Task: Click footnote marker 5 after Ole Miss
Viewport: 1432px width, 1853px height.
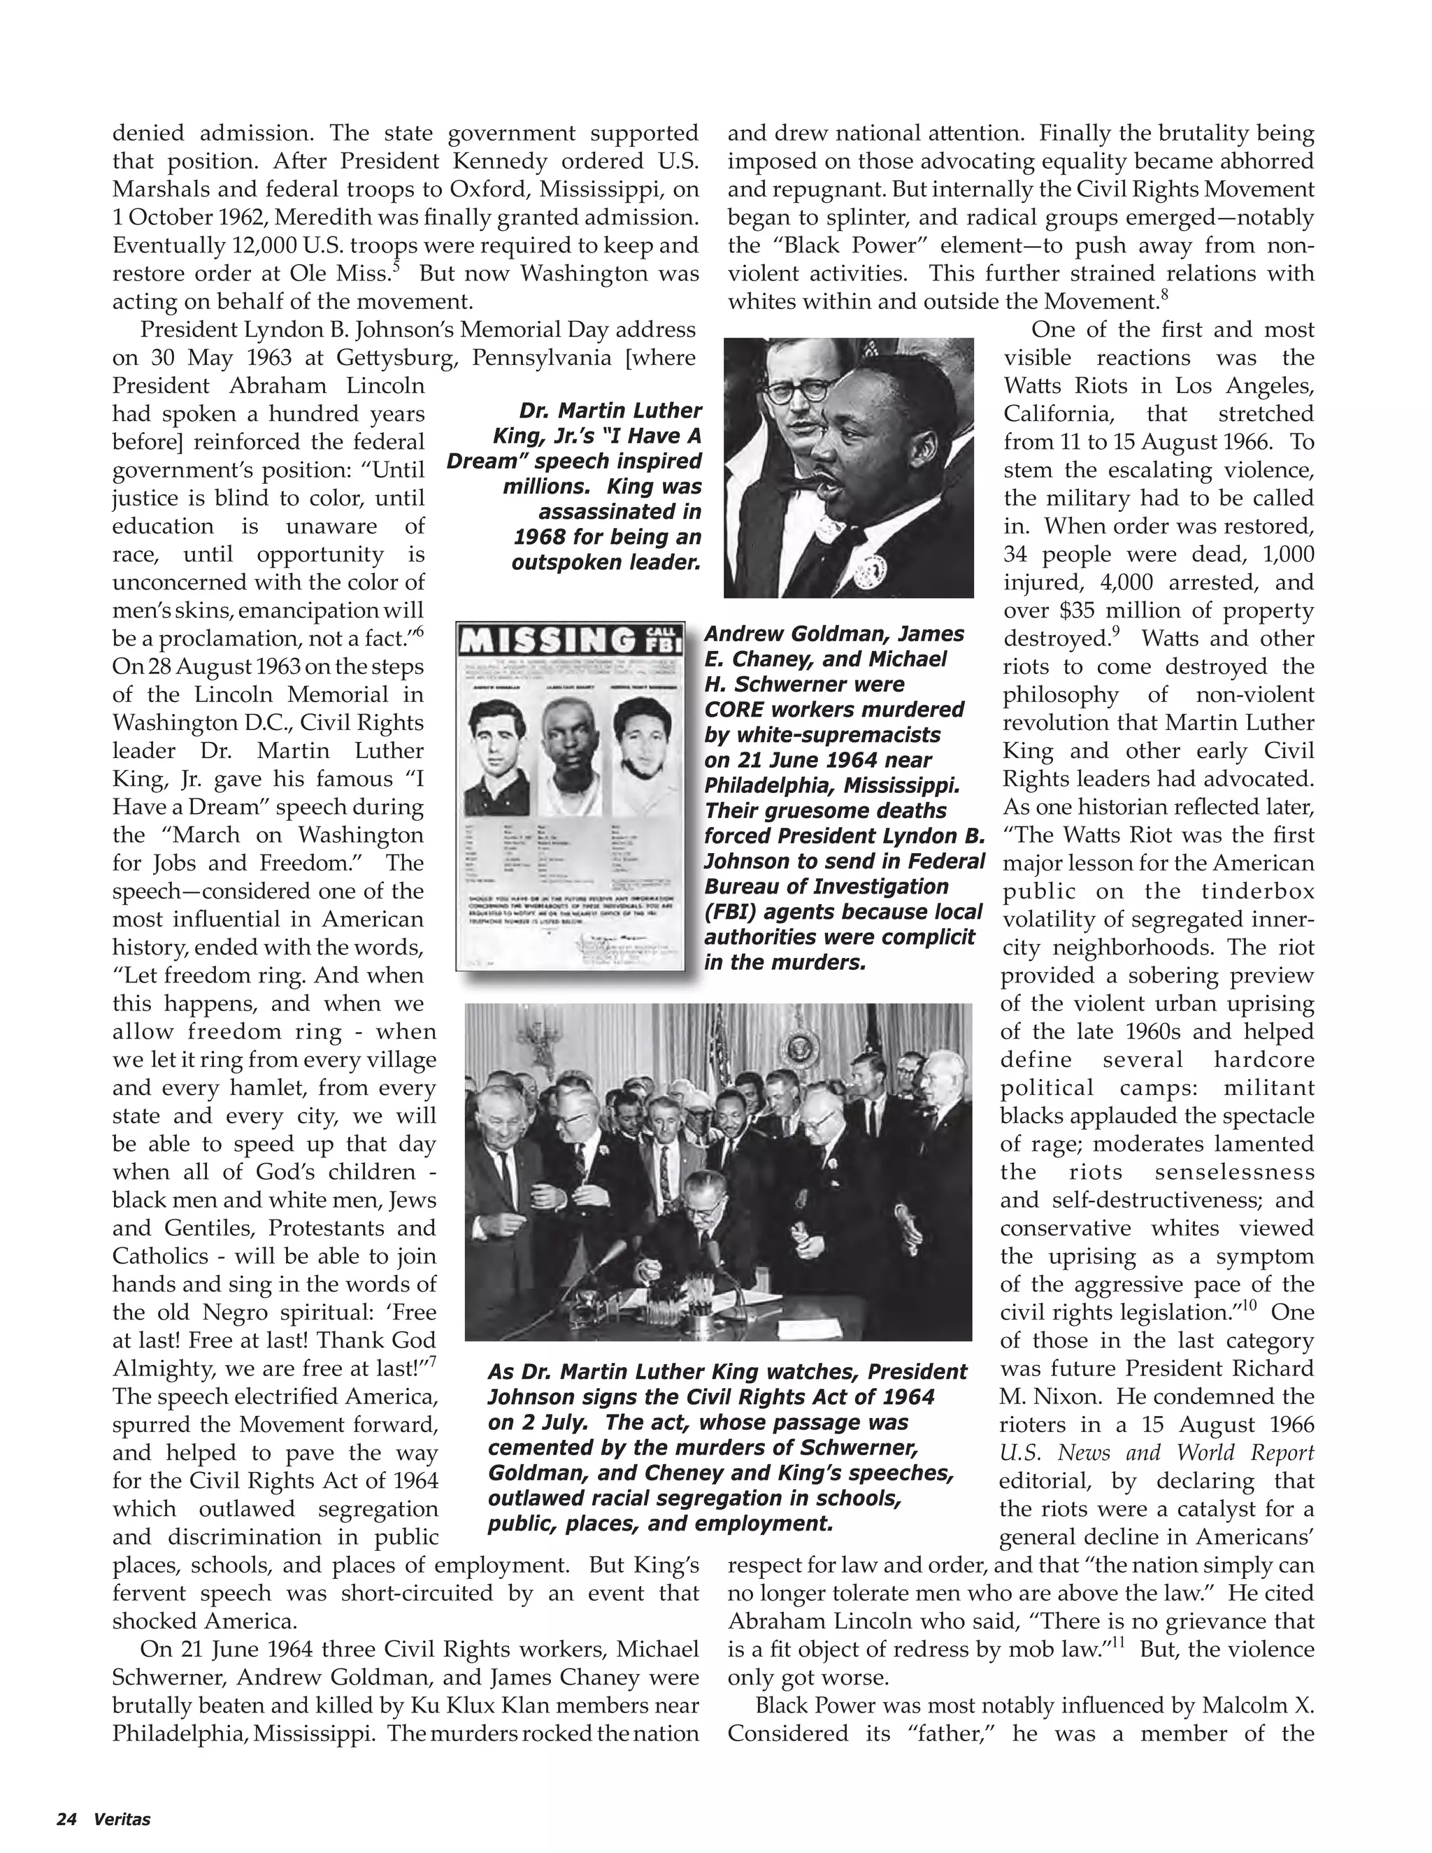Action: pyautogui.click(x=397, y=267)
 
